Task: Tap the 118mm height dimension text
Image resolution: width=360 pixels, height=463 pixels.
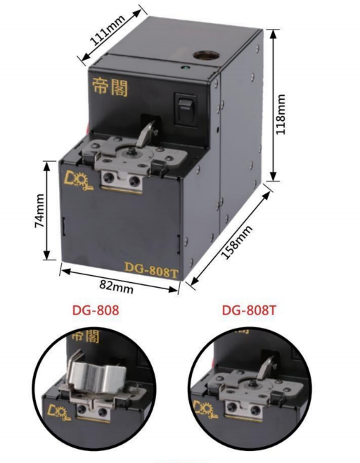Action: click(x=281, y=114)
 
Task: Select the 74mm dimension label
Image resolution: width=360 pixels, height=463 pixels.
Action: click(x=40, y=210)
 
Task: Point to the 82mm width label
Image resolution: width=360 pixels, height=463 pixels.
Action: click(x=116, y=286)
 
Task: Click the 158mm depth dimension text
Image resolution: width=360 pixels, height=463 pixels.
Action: click(x=237, y=242)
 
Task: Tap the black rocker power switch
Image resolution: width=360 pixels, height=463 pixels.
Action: click(x=186, y=109)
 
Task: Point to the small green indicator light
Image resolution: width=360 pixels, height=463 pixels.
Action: click(x=184, y=68)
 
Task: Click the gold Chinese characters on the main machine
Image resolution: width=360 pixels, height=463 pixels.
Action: click(x=110, y=87)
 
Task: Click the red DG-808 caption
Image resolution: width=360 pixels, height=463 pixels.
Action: click(x=96, y=310)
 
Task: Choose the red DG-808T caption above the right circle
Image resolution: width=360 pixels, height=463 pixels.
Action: click(x=249, y=310)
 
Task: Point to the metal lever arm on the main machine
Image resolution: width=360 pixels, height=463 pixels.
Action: click(x=147, y=133)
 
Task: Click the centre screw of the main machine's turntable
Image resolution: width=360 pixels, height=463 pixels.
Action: click(x=131, y=151)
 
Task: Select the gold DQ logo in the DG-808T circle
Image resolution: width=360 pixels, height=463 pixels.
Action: click(x=206, y=409)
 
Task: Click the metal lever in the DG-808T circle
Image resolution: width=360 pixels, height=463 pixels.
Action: click(x=266, y=367)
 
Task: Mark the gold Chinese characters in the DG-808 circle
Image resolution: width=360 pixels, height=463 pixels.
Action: click(x=86, y=336)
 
